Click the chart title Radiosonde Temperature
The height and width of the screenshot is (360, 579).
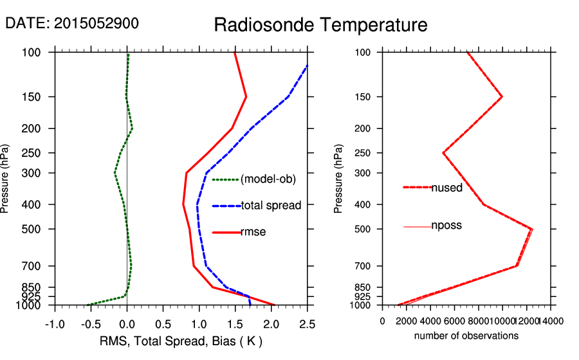(x=320, y=25)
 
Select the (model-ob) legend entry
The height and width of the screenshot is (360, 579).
(x=268, y=179)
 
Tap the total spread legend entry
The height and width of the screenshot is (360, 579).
(x=271, y=206)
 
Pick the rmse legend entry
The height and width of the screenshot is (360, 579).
(x=253, y=232)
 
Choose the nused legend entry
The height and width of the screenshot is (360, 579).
(x=446, y=187)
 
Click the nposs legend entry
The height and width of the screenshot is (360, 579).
(x=446, y=226)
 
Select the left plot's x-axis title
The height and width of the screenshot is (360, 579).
(x=181, y=340)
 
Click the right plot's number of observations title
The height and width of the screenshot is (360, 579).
(x=466, y=336)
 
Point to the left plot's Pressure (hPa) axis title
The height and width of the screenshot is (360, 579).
(x=6, y=178)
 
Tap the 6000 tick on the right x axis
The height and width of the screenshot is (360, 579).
(x=454, y=321)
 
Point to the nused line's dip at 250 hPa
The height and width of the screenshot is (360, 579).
(x=443, y=153)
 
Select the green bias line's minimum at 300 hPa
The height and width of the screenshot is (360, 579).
(x=115, y=173)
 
